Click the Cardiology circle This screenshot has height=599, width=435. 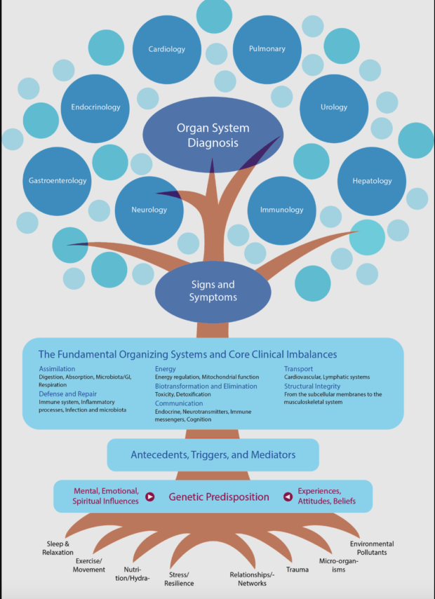click(167, 49)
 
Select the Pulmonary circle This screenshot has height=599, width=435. click(267, 49)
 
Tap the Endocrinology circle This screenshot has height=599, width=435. click(95, 107)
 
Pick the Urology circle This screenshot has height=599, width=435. click(334, 107)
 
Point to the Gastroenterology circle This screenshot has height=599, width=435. click(58, 180)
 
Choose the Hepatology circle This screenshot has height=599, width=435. click(372, 181)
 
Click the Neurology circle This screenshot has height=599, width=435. click(149, 210)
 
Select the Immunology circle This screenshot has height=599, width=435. click(281, 210)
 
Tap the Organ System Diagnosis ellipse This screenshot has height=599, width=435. click(213, 135)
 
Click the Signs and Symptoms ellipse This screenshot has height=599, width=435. click(213, 291)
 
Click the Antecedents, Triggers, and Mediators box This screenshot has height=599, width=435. click(213, 455)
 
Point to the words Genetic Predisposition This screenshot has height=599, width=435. click(218, 497)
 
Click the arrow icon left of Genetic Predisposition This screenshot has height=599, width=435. click(149, 497)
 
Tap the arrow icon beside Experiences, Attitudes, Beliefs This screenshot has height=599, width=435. click(288, 497)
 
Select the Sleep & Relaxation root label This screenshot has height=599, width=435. click(58, 548)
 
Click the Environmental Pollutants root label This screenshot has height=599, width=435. click(371, 548)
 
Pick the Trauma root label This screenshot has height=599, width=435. click(297, 570)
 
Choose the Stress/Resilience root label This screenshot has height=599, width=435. click(179, 579)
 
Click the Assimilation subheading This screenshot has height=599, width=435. click(57, 368)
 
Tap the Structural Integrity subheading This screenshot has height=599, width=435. click(312, 386)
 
